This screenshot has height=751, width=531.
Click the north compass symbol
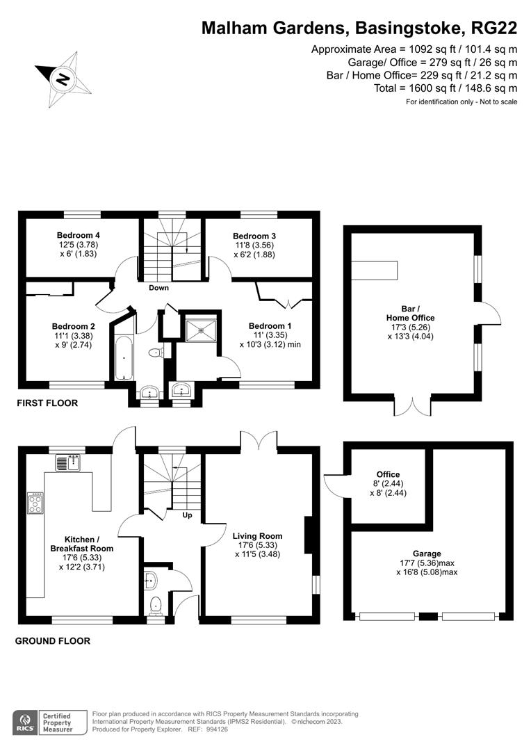[63, 79]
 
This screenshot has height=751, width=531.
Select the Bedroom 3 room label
[254, 236]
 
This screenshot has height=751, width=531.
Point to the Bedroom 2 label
[73, 326]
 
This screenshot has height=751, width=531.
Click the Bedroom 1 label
[270, 326]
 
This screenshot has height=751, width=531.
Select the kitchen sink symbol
[69, 462]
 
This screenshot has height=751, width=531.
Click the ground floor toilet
[156, 606]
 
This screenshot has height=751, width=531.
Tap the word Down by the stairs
[158, 288]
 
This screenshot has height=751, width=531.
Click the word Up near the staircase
[186, 516]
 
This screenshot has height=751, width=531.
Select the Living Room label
[257, 536]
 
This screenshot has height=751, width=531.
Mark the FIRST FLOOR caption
[48, 403]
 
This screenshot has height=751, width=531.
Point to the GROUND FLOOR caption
[53, 641]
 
